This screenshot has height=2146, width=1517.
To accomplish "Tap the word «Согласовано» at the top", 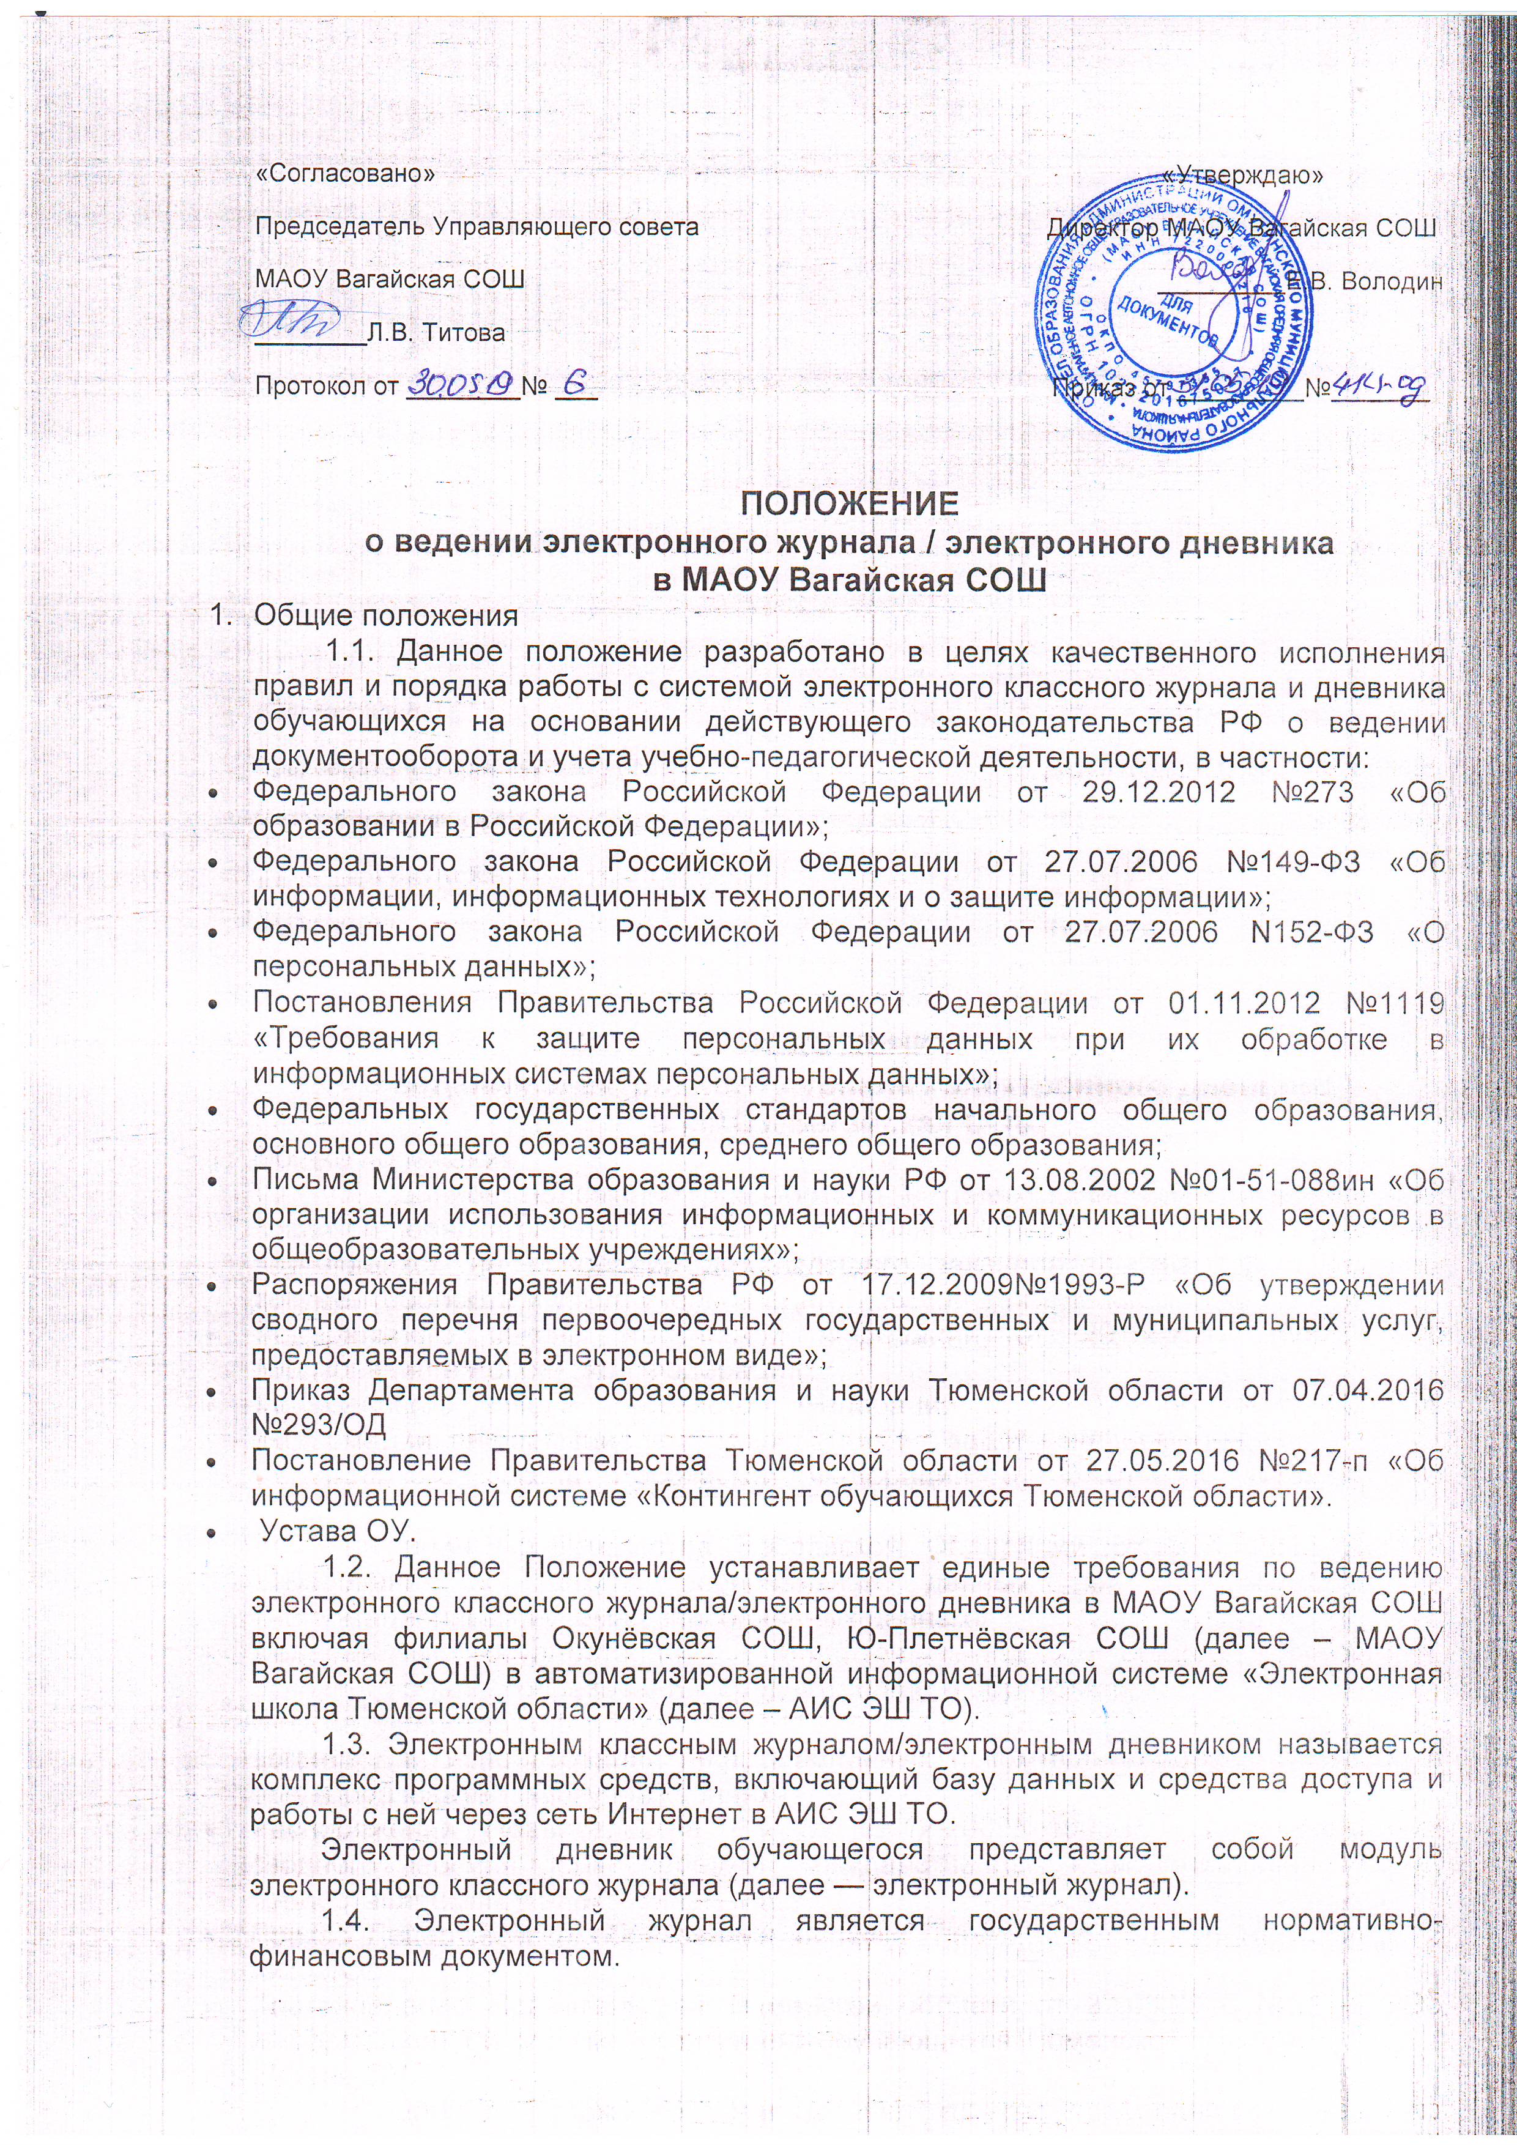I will pos(345,174).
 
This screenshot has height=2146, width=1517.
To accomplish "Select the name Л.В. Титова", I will pos(437,333).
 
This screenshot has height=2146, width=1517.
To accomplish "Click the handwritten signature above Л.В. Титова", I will pos(292,317).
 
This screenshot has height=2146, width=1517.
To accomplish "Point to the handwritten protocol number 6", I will pos(571,382).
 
